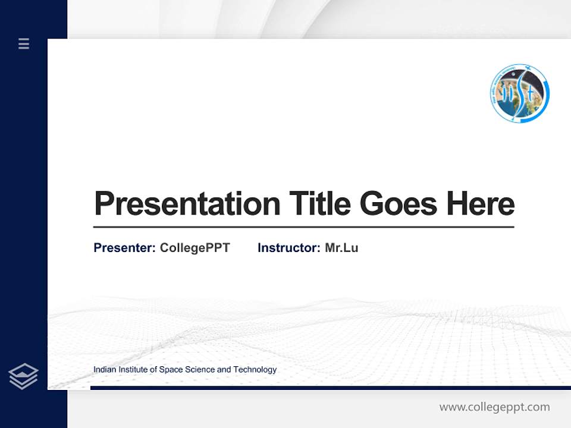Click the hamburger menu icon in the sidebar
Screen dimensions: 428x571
point(24,43)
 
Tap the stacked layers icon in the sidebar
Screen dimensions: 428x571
point(23,376)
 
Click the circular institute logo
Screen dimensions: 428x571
point(519,94)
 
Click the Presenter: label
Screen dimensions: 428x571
point(124,248)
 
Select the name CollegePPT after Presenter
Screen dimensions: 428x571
point(194,248)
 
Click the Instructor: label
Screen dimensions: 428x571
point(288,248)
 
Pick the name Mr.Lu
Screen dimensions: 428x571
point(341,248)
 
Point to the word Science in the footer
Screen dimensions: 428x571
point(200,370)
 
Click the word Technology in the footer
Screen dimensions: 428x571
point(255,370)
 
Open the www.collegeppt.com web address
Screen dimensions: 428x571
point(494,407)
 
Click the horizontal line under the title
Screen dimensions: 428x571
point(303,227)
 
